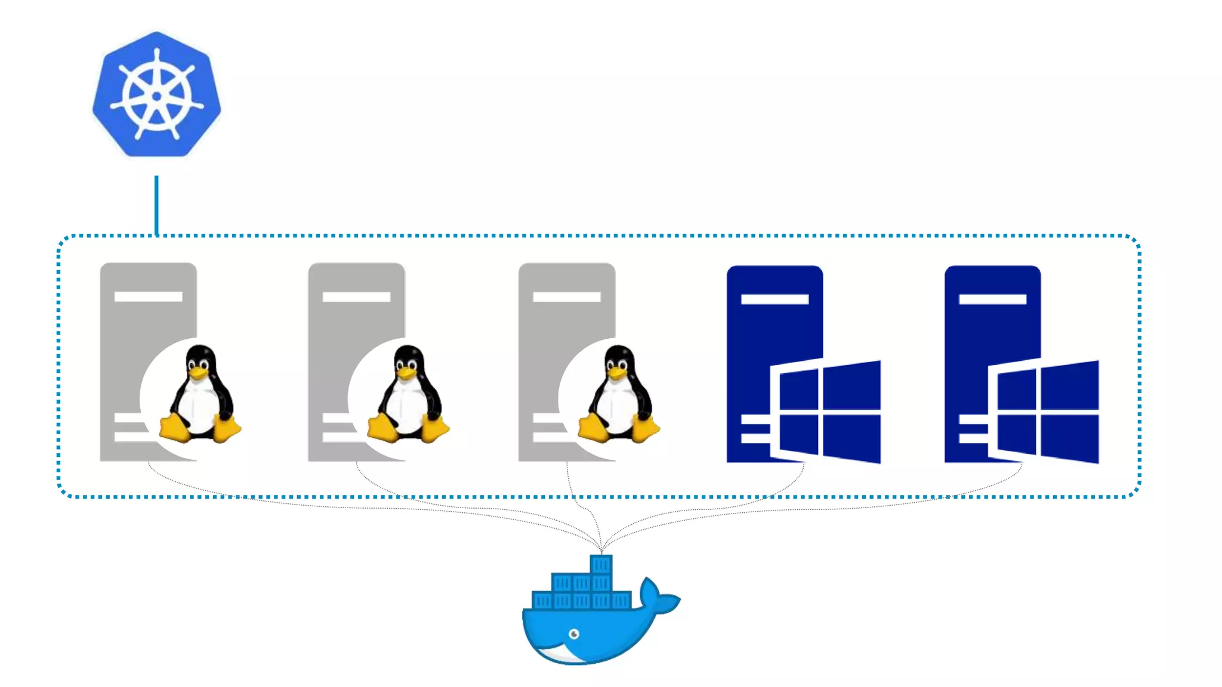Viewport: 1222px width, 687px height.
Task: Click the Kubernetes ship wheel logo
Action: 156,95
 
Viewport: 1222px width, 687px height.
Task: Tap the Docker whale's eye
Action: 574,634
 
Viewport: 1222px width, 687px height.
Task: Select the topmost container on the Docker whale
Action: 601,564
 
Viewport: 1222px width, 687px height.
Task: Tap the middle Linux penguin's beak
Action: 407,373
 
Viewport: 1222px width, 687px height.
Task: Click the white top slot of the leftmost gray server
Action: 148,296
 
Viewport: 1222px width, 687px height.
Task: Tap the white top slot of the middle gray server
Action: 356,296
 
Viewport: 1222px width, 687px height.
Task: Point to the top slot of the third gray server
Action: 566,296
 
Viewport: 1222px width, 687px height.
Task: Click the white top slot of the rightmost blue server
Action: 992,299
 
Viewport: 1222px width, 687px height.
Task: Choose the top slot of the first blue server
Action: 774,299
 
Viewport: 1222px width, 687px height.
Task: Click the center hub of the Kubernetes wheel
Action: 156,96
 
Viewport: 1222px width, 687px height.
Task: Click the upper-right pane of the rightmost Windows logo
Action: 1069,385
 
